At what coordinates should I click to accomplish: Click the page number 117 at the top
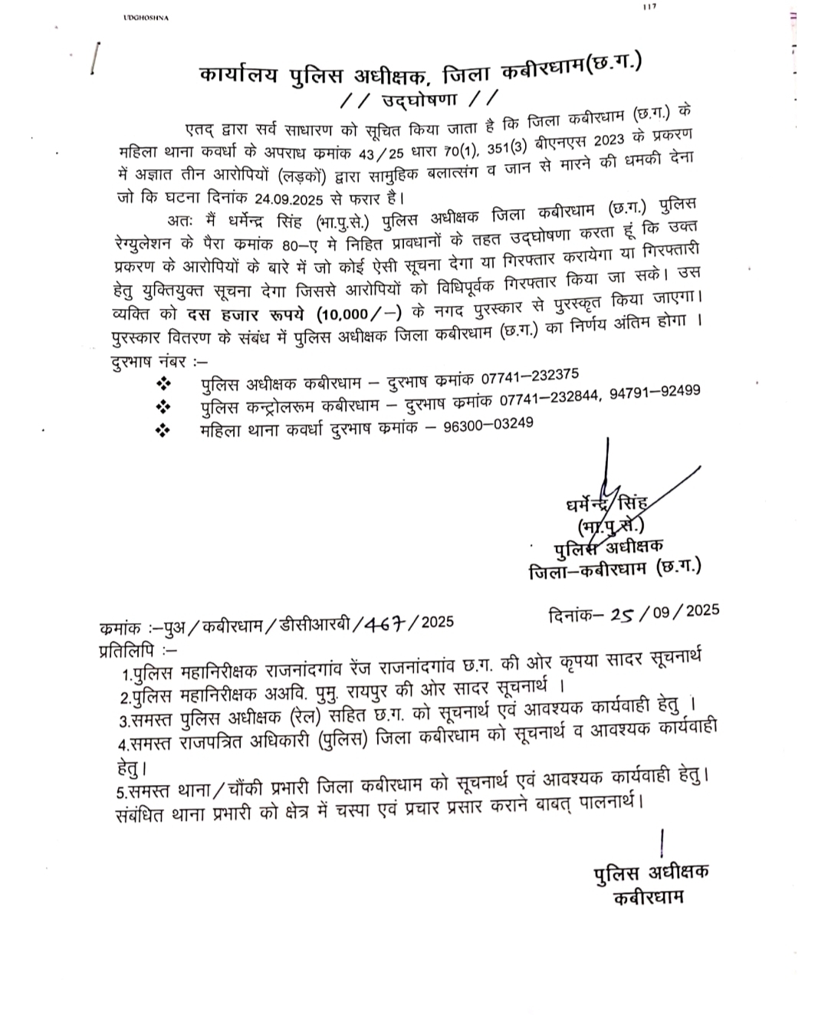tap(651, 7)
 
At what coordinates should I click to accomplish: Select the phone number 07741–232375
tap(530, 376)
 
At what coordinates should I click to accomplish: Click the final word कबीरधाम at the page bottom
tap(648, 896)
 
